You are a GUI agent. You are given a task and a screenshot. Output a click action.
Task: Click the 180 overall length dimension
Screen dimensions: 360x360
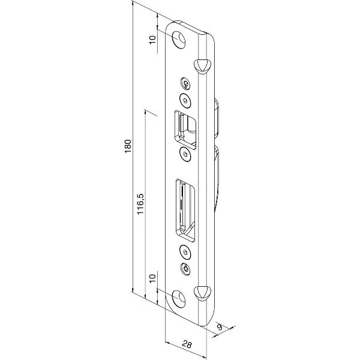pos(128,146)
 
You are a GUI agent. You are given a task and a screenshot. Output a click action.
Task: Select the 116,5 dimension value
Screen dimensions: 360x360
pos(140,204)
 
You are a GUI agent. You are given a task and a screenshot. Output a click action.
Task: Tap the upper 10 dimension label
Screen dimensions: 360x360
pos(152,40)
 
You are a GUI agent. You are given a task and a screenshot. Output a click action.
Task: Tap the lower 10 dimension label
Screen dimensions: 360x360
pos(152,278)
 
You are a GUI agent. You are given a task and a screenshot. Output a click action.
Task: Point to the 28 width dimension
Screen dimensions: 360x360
pos(187,344)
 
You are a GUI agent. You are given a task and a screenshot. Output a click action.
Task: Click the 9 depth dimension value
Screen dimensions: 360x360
pos(220,327)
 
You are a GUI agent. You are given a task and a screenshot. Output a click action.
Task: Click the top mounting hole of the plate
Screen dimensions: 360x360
pos(179,40)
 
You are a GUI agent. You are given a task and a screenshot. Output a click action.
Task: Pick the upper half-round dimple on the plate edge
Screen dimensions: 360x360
pos(202,66)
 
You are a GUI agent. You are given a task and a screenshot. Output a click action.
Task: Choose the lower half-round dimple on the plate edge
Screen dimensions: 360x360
pos(202,292)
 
